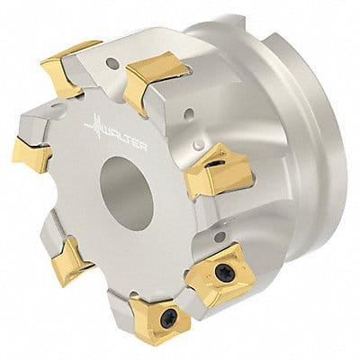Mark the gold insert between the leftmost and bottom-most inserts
tap(67, 261)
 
